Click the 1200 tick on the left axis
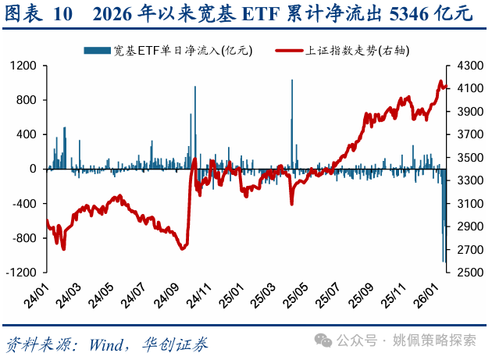tap(24, 66)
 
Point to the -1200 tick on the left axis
tap(22, 273)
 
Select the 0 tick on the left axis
tap(34, 169)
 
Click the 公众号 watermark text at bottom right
tap(356, 340)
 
